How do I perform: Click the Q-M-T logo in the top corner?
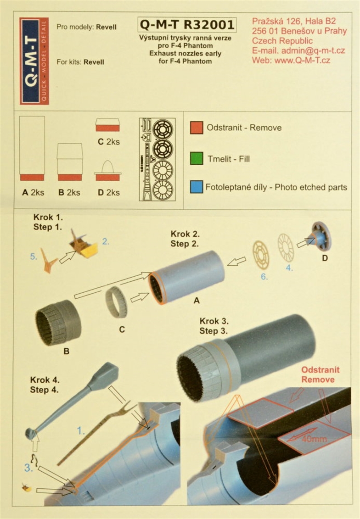pos(34,61)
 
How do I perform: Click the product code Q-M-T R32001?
pos(187,24)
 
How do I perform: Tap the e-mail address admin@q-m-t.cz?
pos(313,50)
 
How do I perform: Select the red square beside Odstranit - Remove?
pos(197,128)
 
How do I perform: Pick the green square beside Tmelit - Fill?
pos(197,158)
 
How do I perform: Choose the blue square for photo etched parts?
pos(197,187)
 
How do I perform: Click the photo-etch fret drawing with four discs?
pos(157,159)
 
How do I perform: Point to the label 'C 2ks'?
pos(109,142)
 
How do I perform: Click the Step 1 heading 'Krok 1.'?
pos(48,217)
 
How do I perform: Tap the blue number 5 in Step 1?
pos(34,257)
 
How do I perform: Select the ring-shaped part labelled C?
pos(116,302)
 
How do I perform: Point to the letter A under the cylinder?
pos(197,300)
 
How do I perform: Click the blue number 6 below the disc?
pos(264,276)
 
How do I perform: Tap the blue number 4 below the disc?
pos(289,268)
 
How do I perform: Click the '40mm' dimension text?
pos(314,439)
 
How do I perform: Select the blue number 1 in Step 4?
pos(81,430)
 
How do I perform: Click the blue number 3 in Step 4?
pos(28,468)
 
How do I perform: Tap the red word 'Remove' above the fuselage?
pos(318,379)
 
